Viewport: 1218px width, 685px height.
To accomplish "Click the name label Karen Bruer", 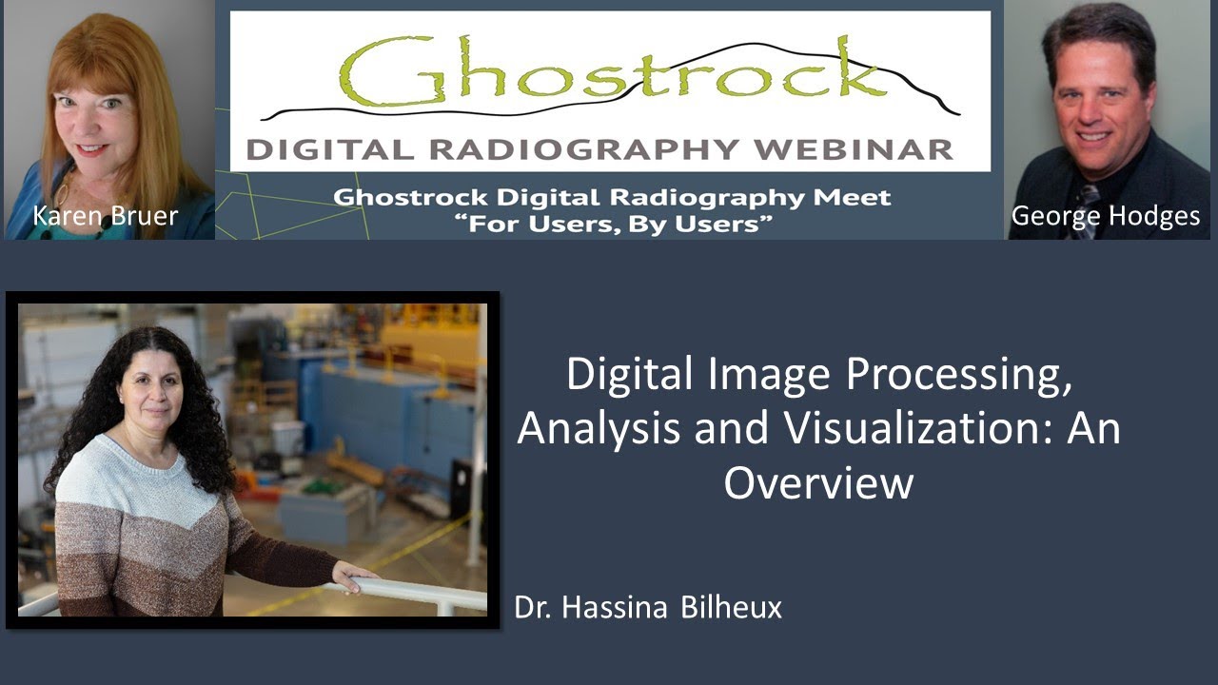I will tap(105, 216).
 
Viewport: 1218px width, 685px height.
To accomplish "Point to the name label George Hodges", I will tap(1106, 216).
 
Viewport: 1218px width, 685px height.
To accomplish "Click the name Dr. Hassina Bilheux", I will tap(648, 608).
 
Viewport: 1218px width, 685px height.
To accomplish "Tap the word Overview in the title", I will tap(818, 482).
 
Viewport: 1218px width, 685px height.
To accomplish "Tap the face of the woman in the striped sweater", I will tap(151, 391).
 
